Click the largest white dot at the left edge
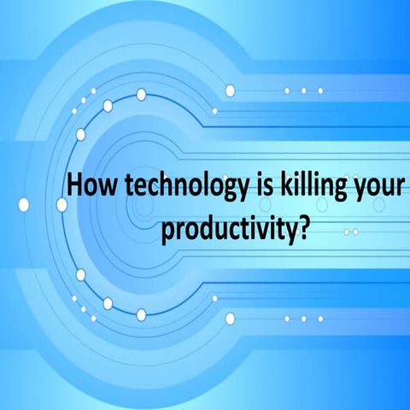tap(24, 204)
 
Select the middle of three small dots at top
tap(303, 91)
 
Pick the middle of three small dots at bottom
tap(303, 319)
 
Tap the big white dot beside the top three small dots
tap(230, 91)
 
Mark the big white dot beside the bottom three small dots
tap(230, 319)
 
